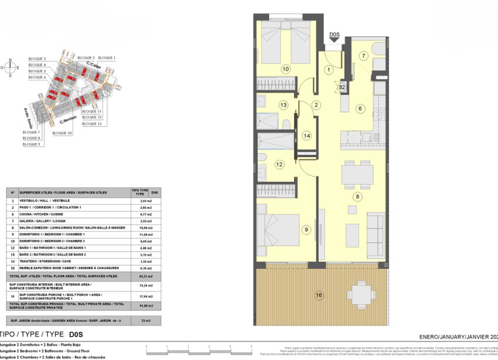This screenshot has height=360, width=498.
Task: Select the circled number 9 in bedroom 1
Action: (x=305, y=229)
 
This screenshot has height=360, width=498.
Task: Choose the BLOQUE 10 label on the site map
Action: (x=62, y=133)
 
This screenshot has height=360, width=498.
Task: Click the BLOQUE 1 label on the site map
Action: (x=107, y=57)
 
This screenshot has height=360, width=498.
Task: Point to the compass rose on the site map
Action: (x=10, y=67)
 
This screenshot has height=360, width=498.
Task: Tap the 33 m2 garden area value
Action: (x=139, y=321)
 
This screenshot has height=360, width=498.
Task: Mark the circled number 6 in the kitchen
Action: (x=361, y=108)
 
